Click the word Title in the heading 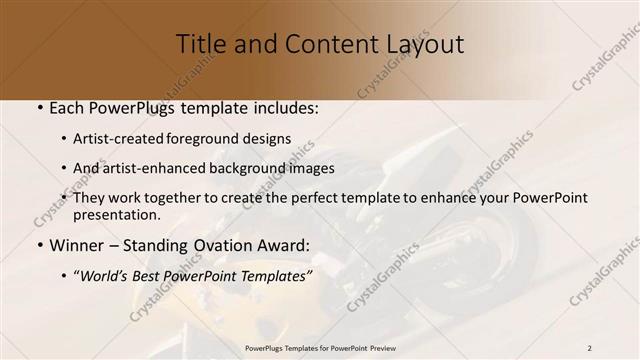(x=200, y=44)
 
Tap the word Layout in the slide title (x=425, y=44)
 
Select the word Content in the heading (x=317, y=44)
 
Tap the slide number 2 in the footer (x=590, y=347)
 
